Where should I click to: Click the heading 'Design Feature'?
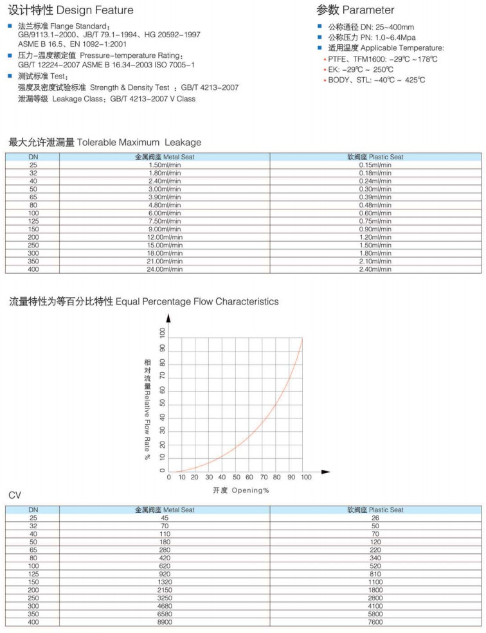coord(94,10)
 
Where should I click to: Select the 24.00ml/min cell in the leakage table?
coord(164,269)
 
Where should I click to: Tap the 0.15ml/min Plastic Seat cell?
coord(375,165)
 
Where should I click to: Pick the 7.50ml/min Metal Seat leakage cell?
coord(164,221)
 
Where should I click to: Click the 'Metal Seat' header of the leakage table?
coord(164,157)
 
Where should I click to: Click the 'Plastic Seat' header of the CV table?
coord(375,510)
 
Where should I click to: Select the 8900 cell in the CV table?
coord(164,622)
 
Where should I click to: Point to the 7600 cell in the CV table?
coord(375,622)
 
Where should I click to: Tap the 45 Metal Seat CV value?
coord(164,518)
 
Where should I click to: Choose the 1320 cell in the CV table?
coord(164,582)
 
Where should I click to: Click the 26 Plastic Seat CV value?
coord(375,518)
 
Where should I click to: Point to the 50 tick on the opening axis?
coord(237,477)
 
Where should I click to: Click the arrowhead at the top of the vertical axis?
coord(168,317)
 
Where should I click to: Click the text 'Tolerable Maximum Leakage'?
coord(139,142)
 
